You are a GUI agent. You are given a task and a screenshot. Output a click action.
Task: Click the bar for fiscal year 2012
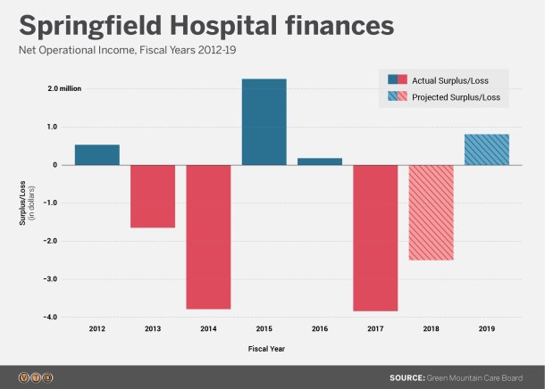[x=97, y=154]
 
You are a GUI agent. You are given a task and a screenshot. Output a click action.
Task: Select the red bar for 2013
[x=153, y=196]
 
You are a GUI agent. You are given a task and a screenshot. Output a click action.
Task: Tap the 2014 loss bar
[x=209, y=236]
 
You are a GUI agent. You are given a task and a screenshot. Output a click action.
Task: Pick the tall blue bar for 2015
[x=264, y=122]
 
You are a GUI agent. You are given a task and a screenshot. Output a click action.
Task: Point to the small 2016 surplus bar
[x=320, y=161]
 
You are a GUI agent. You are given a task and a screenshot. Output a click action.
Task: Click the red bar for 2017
[x=375, y=237]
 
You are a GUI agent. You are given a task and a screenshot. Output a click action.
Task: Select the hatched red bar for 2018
[x=431, y=212]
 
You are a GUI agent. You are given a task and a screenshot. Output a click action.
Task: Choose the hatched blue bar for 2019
[x=487, y=150]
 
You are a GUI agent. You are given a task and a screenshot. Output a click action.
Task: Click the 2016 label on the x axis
[x=320, y=329]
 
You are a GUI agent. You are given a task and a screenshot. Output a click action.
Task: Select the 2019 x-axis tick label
[x=487, y=329]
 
